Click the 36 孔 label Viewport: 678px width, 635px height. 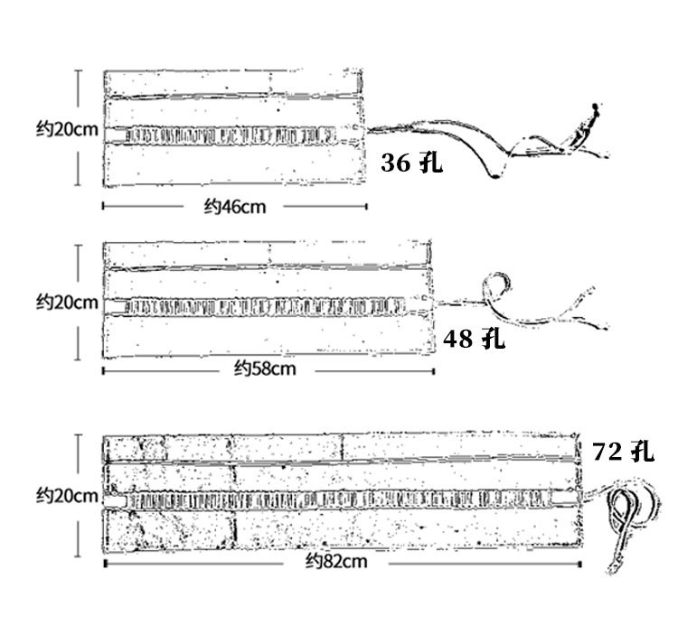pos(411,163)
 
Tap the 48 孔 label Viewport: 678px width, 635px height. pos(474,338)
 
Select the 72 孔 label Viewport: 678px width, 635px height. pos(623,452)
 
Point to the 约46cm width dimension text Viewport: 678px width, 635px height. pos(235,207)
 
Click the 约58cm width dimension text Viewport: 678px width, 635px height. pos(265,369)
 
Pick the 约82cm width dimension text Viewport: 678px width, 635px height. pos(336,561)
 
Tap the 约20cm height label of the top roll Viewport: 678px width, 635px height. pos(67,129)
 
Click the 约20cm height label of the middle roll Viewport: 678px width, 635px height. pos(67,302)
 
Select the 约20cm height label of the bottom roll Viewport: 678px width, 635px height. pos(67,495)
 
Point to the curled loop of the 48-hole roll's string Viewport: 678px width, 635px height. pos(495,287)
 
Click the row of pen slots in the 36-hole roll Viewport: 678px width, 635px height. pos(230,135)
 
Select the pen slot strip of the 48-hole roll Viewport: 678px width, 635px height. pos(265,306)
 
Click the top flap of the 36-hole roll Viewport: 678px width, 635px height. pos(232,83)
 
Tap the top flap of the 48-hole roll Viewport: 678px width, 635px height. pos(268,255)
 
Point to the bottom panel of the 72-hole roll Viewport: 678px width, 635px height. pos(342,529)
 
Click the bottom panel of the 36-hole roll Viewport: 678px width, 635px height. pos(233,165)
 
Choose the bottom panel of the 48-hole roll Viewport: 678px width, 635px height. pos(268,336)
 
